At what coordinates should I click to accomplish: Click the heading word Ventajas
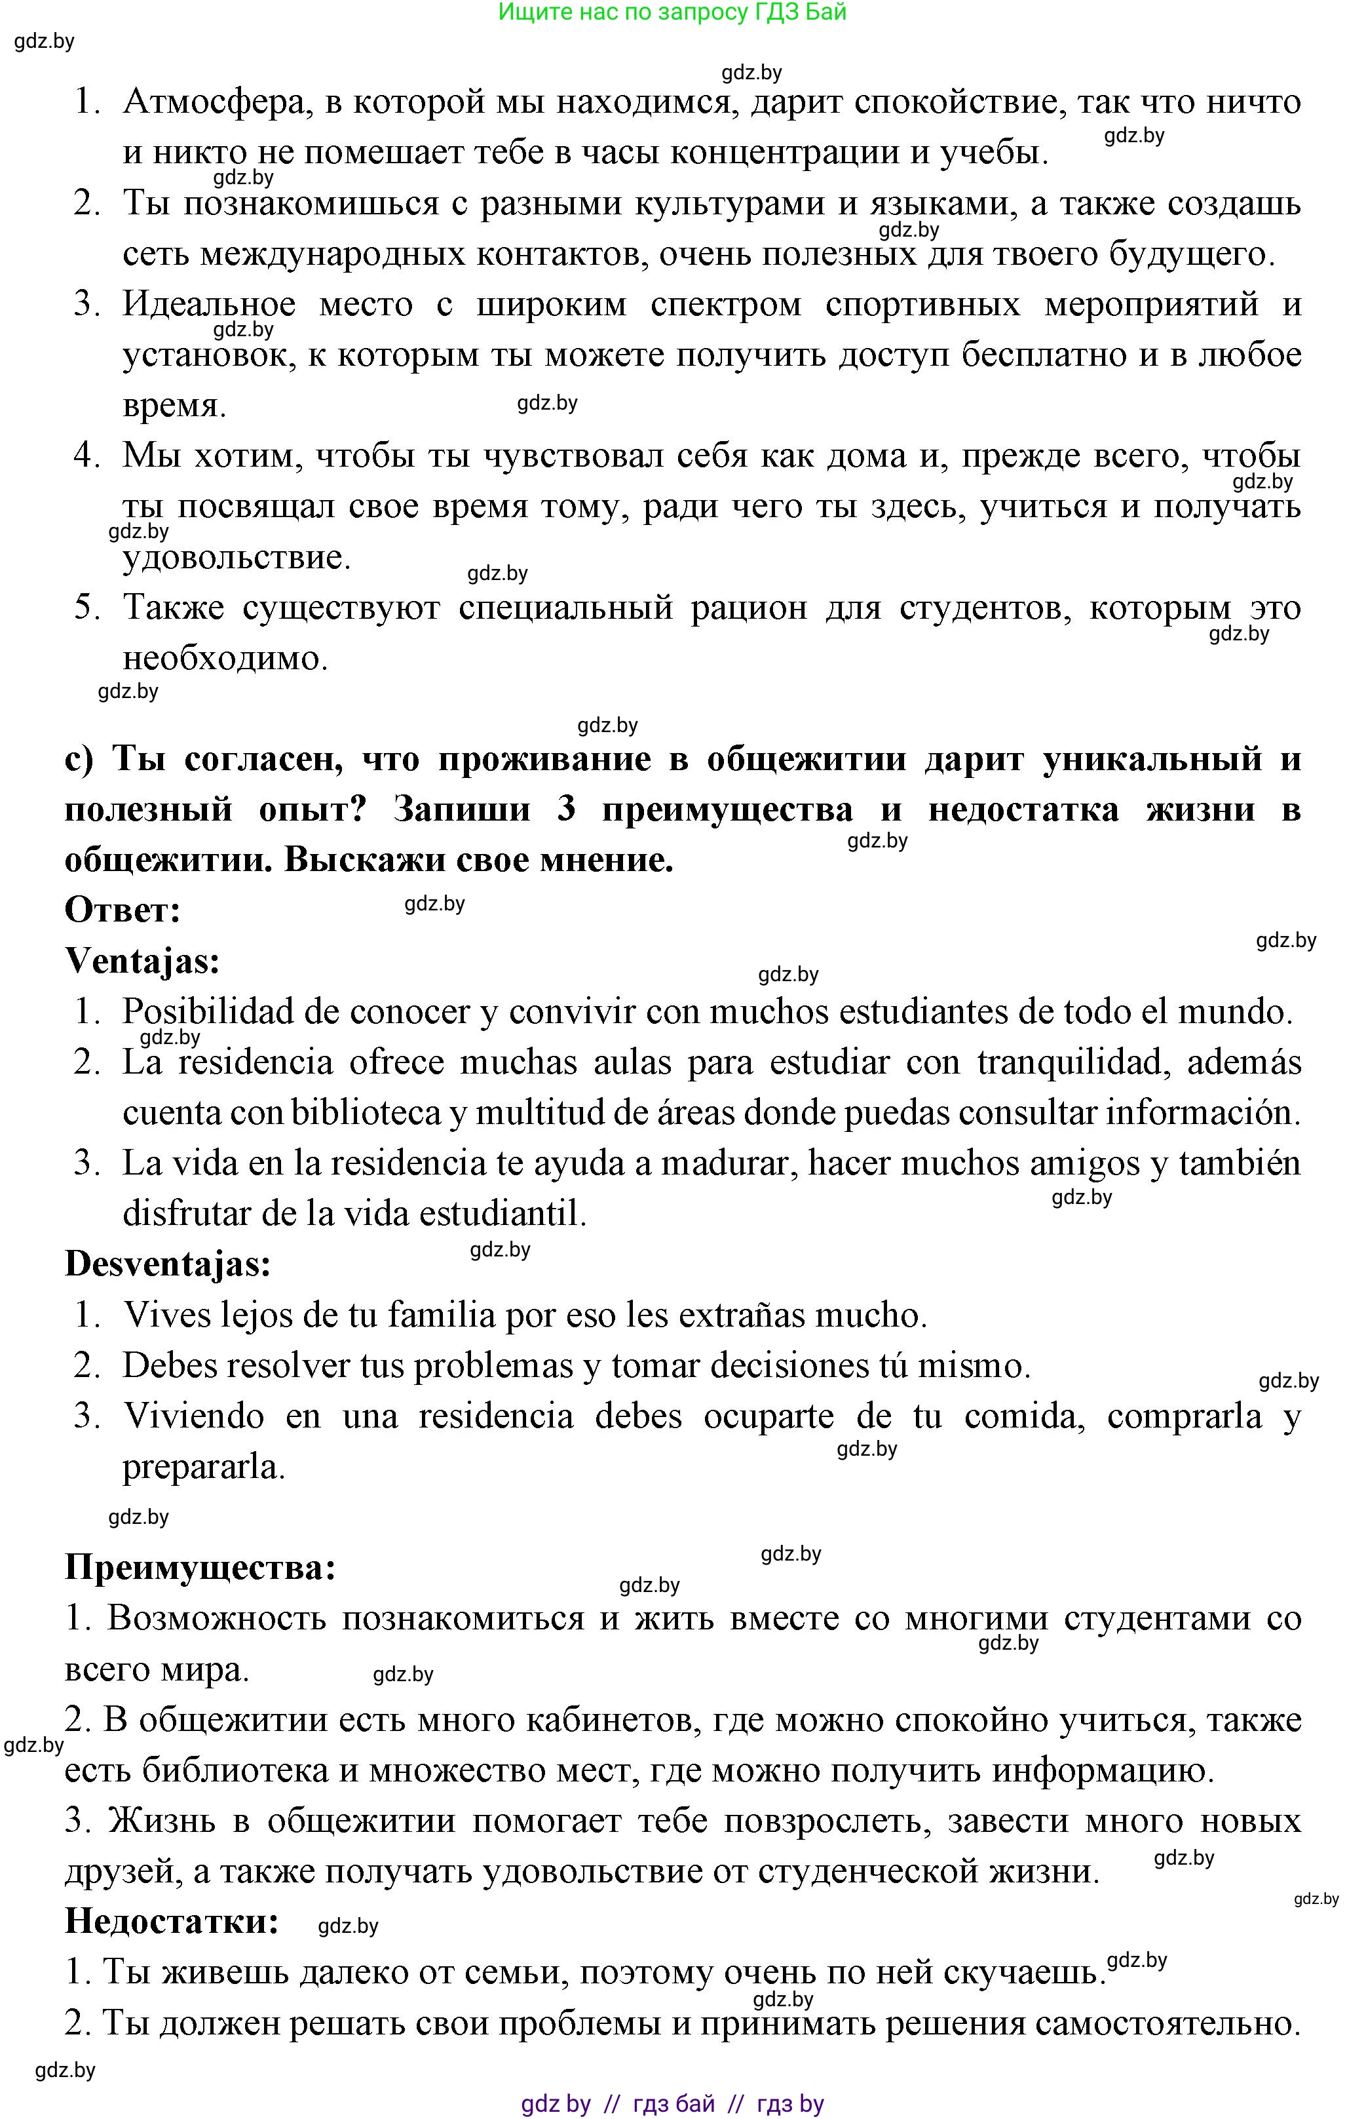[x=142, y=961]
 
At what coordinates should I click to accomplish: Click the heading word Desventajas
[x=167, y=1264]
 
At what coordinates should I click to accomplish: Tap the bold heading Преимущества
[x=200, y=1567]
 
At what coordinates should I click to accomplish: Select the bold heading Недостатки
[x=172, y=1921]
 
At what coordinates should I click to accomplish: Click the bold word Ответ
[x=123, y=910]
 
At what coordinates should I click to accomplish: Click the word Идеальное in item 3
[x=210, y=305]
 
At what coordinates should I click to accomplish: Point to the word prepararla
[x=203, y=1467]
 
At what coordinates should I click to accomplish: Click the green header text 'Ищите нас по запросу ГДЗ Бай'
[x=672, y=12]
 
